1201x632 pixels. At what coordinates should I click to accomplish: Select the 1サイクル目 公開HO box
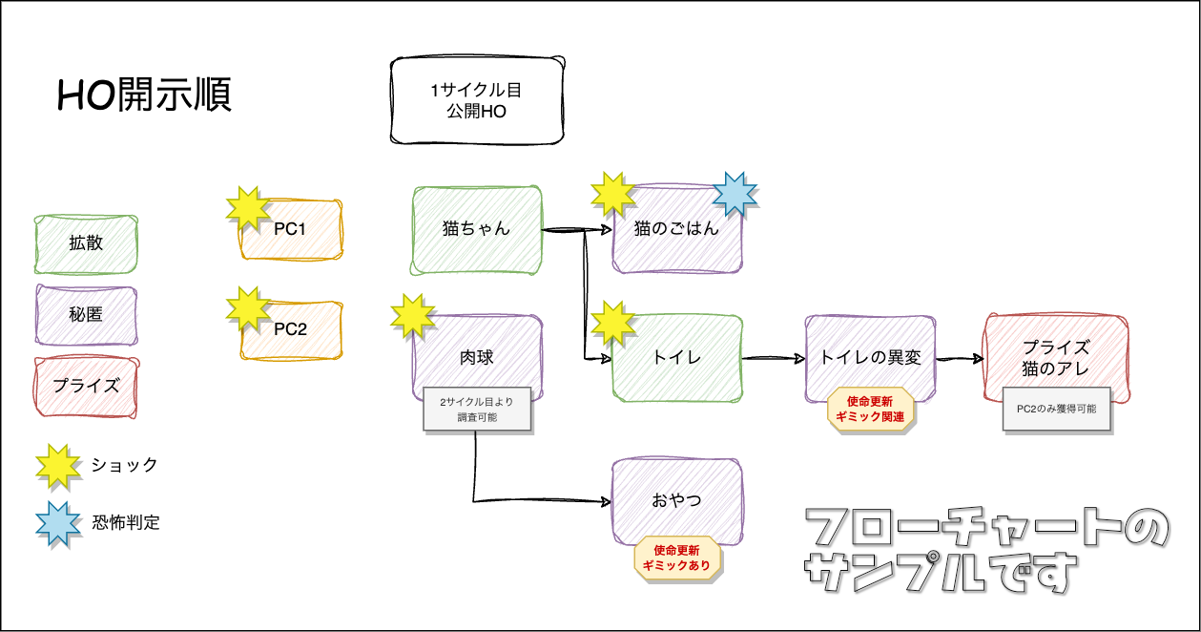coord(475,101)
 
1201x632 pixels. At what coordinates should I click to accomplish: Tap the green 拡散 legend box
coord(86,243)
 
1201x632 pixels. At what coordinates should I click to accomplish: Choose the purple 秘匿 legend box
coord(86,315)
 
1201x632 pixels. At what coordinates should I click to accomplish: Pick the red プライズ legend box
coord(86,386)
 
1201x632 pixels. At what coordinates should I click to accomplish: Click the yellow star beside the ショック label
coord(58,465)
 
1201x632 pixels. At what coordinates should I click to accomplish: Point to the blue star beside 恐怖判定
coord(58,522)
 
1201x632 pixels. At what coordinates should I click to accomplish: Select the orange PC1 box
coord(291,230)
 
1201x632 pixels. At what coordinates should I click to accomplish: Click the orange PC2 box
coord(291,329)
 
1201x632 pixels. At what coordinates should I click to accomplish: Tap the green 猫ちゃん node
coord(477,229)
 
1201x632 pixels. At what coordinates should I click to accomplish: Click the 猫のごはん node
coord(677,229)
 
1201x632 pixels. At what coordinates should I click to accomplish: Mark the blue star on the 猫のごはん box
coord(735,194)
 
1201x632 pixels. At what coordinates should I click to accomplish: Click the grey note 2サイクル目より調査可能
coord(475,411)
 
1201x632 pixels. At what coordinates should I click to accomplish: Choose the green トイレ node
coord(677,358)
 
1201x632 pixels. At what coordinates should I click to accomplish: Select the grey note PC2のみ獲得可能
coord(1056,409)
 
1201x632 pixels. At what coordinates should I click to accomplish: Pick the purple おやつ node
coord(677,498)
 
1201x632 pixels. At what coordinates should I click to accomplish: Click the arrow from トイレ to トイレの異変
coord(773,358)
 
